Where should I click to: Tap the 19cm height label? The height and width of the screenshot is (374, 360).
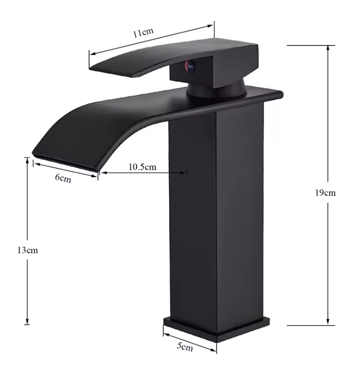pos(325,193)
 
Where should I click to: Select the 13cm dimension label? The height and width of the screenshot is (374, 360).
pos(27,250)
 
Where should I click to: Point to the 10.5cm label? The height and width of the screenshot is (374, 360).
pos(142,167)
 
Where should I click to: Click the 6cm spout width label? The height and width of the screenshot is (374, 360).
pos(63,178)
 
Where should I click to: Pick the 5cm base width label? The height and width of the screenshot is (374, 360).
pos(185,346)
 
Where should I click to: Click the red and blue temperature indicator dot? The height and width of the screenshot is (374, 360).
pos(189,67)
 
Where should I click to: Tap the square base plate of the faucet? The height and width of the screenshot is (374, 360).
pos(216,329)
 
